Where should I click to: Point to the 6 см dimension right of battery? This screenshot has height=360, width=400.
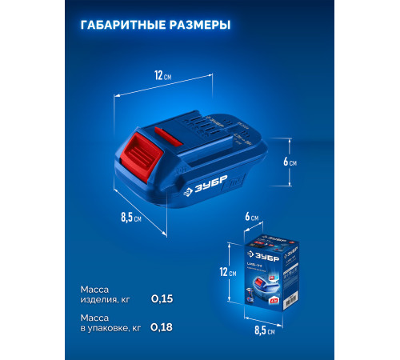point(290,160)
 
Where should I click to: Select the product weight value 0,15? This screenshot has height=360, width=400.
point(162,298)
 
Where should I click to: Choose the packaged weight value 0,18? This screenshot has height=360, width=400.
point(162,326)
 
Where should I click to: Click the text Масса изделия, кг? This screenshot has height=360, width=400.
point(104,294)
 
